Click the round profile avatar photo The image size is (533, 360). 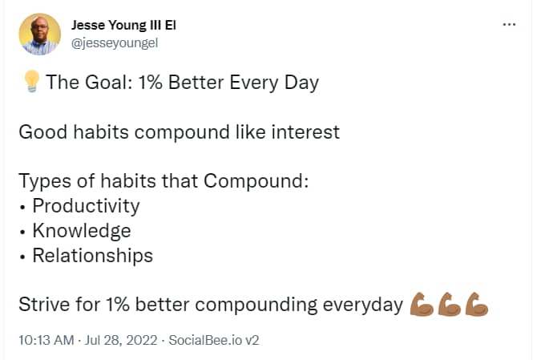pos(40,34)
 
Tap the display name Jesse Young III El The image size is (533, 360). pos(123,25)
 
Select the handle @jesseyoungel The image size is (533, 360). pos(115,43)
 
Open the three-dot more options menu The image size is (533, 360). pos(509,25)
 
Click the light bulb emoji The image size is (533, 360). pos(31,81)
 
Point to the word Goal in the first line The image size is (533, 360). pos(107,83)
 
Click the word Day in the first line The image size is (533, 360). pos(302,83)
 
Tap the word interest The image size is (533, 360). pos(305,132)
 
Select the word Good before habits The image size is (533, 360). pos(42,132)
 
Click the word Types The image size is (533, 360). pos(45,181)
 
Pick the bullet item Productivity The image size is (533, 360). pos(86,206)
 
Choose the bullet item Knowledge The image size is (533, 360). pos(82,230)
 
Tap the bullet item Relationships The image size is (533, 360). pos(93,255)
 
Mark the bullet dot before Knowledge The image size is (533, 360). pos(22,233)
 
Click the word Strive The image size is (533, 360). pos(44,304)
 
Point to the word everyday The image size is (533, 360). pos(363,305)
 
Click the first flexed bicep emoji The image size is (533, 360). pos(422,304)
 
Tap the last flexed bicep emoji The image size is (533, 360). pos(477,304)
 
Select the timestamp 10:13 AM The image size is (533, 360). pos(46,340)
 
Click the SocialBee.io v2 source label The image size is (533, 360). pos(214,340)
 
